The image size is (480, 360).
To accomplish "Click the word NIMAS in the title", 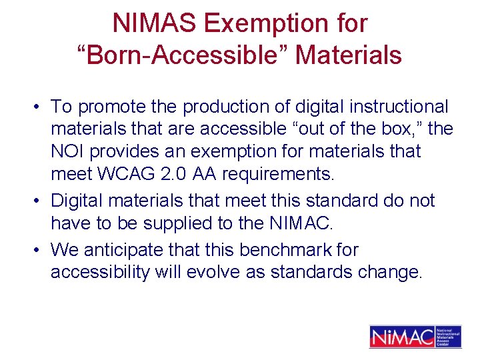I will (x=154, y=23).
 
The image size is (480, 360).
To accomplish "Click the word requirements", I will (x=276, y=174).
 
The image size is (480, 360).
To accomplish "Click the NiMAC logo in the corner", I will (x=415, y=336).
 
